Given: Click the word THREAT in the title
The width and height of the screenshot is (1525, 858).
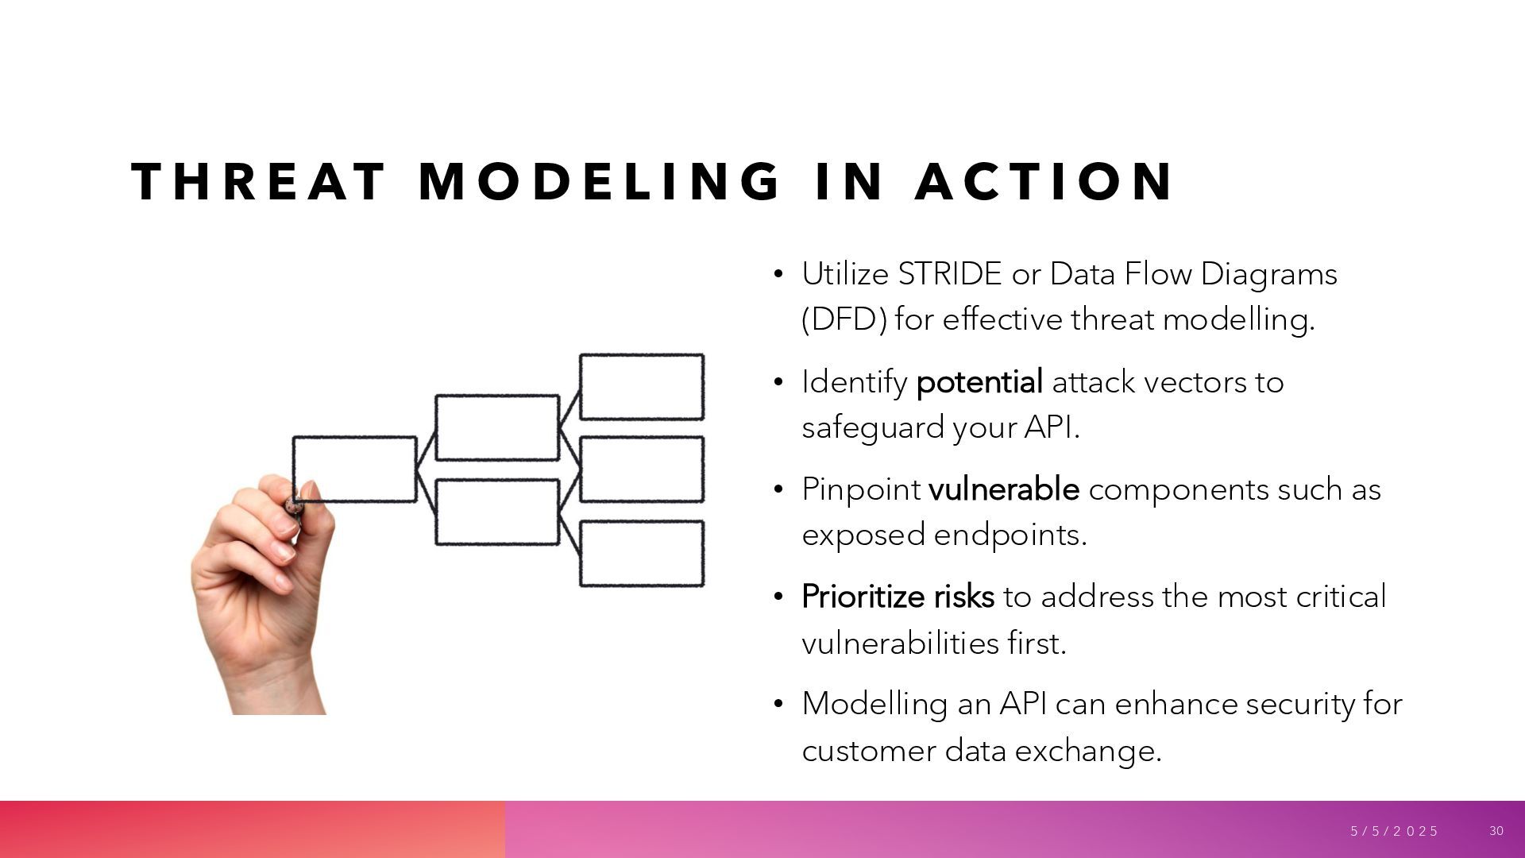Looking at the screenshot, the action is click(x=258, y=181).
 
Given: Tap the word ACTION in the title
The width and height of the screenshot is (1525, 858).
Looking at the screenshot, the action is click(x=1044, y=181).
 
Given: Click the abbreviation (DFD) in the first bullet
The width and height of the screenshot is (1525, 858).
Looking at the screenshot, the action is click(x=844, y=319).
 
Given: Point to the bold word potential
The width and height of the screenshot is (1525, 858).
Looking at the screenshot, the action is click(x=979, y=382).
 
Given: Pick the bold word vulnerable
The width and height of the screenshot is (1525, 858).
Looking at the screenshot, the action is click(x=1003, y=489).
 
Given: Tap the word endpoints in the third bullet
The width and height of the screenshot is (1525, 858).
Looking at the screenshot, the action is click(x=1010, y=535).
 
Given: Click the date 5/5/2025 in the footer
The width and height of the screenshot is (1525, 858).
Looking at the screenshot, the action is click(x=1394, y=831).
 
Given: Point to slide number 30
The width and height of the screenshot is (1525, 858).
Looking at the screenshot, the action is click(x=1496, y=831).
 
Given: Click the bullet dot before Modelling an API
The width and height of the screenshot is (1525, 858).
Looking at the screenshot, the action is click(x=778, y=704).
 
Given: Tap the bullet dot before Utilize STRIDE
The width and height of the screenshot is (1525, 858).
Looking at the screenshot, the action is click(x=778, y=275).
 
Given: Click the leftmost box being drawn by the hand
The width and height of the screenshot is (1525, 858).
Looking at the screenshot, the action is click(x=355, y=469).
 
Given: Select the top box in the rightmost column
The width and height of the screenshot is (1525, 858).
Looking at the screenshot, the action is click(x=642, y=387).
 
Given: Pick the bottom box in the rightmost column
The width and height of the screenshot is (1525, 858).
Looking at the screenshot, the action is click(x=642, y=554).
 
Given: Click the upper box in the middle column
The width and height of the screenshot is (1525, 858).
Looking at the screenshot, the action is click(x=497, y=427).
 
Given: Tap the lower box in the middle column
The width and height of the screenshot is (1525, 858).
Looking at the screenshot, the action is click(x=497, y=512).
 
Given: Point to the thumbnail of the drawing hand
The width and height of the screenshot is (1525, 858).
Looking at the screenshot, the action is click(x=262, y=596).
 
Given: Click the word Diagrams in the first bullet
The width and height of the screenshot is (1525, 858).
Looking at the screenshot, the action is click(x=1268, y=274).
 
